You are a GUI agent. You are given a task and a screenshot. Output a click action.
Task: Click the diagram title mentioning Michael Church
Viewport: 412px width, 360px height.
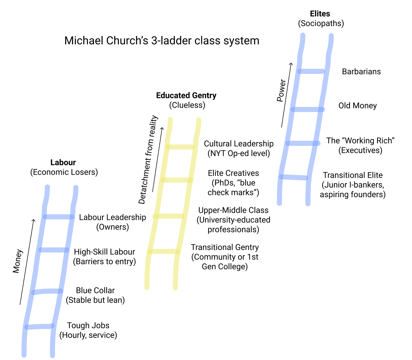tap(162, 41)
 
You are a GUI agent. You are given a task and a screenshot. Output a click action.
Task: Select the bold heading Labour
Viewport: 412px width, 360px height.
tap(63, 162)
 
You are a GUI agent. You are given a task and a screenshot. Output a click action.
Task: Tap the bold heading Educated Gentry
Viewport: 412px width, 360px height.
tap(186, 95)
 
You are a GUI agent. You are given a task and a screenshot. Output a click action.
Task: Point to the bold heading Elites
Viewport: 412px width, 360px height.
tap(320, 14)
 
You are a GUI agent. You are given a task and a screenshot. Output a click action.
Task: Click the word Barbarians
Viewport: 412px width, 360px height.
tap(361, 72)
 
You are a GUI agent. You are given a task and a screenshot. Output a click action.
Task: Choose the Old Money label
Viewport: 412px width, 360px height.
tap(358, 106)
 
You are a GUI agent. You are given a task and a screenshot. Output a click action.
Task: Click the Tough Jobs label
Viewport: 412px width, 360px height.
tap(88, 326)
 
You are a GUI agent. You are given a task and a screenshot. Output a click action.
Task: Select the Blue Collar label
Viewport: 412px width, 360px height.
tap(95, 291)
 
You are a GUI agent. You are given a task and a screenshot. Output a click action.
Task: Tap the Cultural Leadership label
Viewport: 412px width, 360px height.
tap(239, 144)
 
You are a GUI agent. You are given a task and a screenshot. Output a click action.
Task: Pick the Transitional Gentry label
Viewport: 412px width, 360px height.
tap(225, 247)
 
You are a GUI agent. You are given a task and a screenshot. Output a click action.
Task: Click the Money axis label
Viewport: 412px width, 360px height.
tap(18, 261)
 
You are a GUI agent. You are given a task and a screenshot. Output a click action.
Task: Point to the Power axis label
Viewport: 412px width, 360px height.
tap(281, 90)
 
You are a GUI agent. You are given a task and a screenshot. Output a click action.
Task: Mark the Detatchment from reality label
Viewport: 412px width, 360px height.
tap(148, 160)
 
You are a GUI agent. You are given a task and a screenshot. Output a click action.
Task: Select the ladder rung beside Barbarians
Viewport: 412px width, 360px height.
tap(311, 71)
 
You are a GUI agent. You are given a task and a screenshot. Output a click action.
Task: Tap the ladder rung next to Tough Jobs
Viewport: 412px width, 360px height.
tap(39, 327)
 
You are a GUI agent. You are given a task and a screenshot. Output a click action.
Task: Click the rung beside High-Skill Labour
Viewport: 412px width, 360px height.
tap(54, 250)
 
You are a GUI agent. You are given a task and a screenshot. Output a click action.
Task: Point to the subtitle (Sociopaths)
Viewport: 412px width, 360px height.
tap(321, 23)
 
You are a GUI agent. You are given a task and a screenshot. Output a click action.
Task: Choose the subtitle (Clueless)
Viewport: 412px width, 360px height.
tap(187, 105)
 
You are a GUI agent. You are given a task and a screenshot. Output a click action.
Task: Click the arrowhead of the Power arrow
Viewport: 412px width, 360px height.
tap(291, 64)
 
